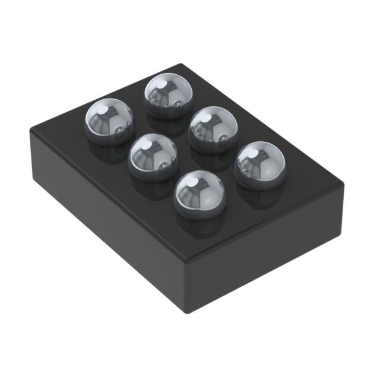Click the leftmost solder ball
(x=109, y=119)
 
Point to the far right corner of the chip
(x=343, y=185)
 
